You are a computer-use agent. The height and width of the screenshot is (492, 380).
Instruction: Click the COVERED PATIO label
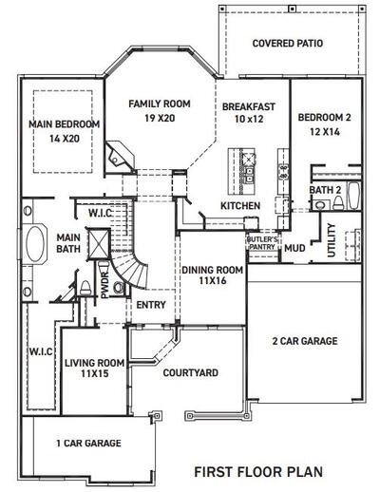(x=288, y=44)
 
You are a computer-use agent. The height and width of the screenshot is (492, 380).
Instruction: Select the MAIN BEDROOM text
(x=64, y=124)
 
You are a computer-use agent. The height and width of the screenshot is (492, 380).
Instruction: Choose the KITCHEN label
(x=240, y=206)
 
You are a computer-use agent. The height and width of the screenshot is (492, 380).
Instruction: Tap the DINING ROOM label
(x=212, y=271)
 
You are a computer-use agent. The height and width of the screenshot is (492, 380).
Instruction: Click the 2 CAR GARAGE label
(x=304, y=341)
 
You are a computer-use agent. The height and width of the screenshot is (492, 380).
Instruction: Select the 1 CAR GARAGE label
(x=88, y=443)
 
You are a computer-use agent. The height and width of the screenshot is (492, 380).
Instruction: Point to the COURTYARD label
(x=185, y=373)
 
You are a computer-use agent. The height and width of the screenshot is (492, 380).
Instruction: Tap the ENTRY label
(x=150, y=305)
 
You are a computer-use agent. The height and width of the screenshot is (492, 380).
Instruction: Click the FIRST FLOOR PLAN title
(x=258, y=470)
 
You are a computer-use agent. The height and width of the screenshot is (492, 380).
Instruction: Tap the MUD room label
(x=294, y=248)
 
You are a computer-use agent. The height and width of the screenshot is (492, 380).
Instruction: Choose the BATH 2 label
(x=325, y=190)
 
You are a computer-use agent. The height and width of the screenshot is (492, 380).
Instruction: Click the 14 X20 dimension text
(x=64, y=138)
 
